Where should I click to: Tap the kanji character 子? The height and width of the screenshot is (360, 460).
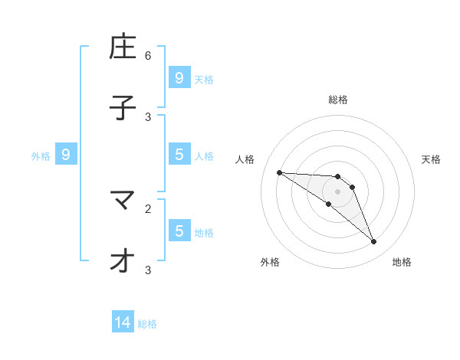123,108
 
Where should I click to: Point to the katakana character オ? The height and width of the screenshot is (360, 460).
123,261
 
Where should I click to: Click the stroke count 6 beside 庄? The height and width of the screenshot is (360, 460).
148,55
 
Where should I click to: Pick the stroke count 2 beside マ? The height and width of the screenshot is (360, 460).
148,208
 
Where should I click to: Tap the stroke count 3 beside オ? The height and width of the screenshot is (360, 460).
148,270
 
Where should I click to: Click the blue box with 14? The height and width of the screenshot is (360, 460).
123,323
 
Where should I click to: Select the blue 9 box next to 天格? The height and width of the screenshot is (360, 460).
179,77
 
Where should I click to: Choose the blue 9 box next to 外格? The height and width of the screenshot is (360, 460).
66,155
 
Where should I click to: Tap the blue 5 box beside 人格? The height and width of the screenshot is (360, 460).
179,155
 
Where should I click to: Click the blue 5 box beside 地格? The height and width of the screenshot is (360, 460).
179,231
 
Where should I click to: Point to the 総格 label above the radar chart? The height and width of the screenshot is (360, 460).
337,100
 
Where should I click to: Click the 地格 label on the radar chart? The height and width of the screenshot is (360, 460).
402,262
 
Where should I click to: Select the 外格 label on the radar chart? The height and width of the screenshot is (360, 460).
270,262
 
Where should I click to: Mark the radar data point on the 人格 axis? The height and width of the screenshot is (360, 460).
279,172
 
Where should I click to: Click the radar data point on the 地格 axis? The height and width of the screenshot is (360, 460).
374,242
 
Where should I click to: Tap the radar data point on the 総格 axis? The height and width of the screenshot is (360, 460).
337,177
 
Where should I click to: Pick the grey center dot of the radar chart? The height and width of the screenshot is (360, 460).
337,191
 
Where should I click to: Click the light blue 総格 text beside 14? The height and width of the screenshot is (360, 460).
147,324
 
